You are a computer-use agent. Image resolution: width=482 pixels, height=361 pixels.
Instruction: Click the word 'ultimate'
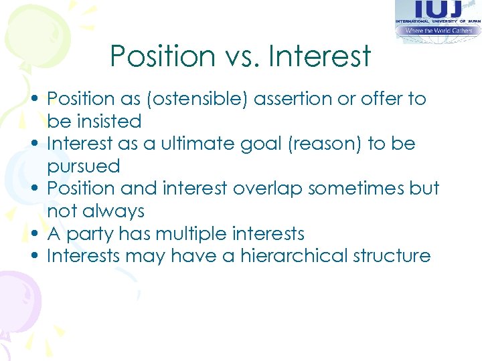coord(191,144)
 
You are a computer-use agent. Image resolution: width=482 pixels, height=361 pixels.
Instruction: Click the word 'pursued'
coord(84,166)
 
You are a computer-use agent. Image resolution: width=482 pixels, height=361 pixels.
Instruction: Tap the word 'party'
coord(89,234)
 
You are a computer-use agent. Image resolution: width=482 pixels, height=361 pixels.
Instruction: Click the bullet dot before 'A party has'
coord(33,234)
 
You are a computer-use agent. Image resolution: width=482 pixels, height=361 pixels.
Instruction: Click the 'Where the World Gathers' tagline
coord(438,31)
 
